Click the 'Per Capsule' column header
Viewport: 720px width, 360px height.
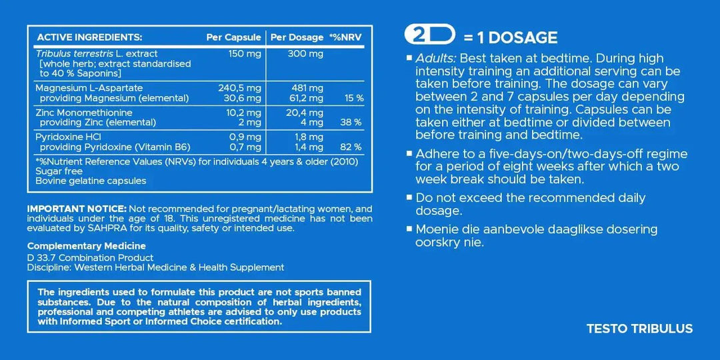click(233, 37)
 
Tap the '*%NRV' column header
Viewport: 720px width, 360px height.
click(345, 37)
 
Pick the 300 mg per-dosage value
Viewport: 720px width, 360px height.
click(305, 54)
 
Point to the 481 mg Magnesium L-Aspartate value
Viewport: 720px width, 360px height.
click(307, 88)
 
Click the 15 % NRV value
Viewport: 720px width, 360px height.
click(354, 98)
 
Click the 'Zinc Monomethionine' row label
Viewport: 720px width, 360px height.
click(84, 113)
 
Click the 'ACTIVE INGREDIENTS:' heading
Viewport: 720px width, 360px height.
click(89, 37)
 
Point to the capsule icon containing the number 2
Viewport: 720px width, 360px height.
click(430, 35)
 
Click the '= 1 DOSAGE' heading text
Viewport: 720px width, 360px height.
click(511, 38)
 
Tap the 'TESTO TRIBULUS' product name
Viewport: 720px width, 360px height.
click(639, 329)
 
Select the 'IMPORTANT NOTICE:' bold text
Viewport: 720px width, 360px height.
click(77, 209)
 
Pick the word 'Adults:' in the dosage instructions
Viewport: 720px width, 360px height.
click(435, 59)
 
